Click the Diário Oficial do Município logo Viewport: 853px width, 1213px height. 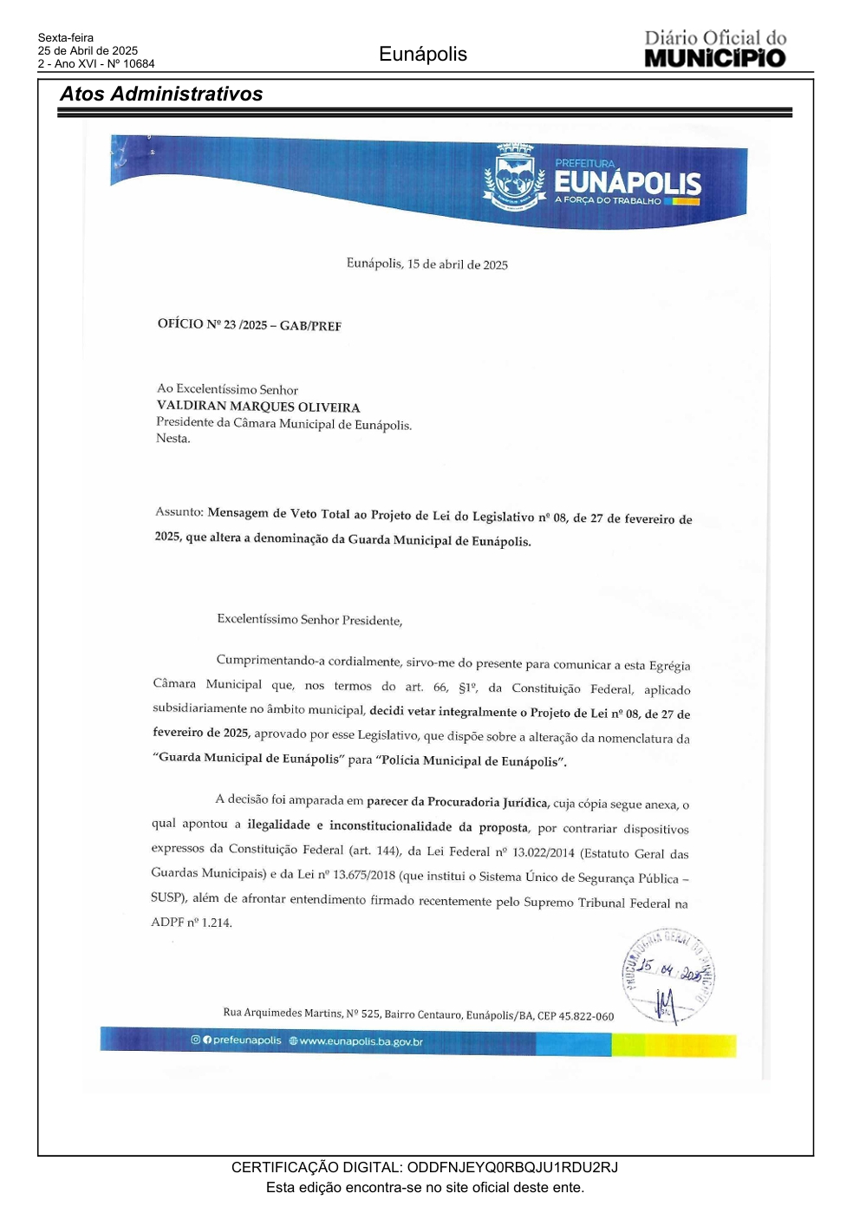715,49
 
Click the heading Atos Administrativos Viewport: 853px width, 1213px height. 161,95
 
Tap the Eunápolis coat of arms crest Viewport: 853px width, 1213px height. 514,179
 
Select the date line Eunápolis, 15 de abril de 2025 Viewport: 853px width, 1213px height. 427,264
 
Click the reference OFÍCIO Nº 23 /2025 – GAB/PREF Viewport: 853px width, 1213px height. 250,325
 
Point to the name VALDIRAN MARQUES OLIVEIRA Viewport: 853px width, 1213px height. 258,407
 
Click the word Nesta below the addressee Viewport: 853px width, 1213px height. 173,439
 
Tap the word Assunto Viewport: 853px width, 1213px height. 179,512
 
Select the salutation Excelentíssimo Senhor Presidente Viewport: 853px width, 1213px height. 309,620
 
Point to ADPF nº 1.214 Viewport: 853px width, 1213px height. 192,923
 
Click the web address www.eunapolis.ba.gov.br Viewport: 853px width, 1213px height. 361,1041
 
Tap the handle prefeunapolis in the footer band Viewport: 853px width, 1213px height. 247,1040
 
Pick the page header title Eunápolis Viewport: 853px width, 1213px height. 423,55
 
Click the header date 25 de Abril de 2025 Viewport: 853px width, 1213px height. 88,51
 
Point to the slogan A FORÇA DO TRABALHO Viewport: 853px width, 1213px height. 608,200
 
